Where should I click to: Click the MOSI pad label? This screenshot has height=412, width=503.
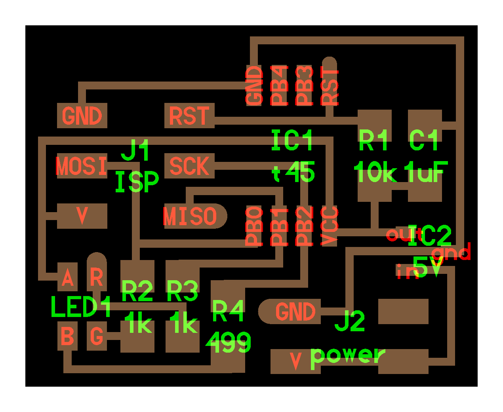click(82, 166)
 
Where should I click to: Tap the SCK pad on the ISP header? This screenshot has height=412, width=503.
click(189, 166)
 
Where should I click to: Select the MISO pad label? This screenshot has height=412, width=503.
click(190, 216)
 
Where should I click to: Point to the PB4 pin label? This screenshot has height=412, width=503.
click(279, 85)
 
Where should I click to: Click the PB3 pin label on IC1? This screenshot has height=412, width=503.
click(304, 85)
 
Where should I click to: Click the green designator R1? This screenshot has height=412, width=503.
click(373, 140)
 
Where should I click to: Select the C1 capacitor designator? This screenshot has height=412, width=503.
click(424, 140)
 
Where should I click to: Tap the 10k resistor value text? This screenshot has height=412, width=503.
click(375, 173)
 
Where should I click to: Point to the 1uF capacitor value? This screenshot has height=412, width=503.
click(426, 173)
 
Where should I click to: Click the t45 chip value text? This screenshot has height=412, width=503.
click(293, 173)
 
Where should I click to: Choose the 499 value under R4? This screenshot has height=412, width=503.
click(229, 343)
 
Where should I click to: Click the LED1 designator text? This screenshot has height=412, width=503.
click(81, 307)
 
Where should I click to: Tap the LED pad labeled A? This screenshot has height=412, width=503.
click(68, 278)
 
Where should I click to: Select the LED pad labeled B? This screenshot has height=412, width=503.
click(68, 336)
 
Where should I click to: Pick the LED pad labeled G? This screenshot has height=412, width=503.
click(97, 336)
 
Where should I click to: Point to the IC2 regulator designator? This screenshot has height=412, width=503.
click(430, 236)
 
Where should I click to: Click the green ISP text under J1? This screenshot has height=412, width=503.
click(137, 182)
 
